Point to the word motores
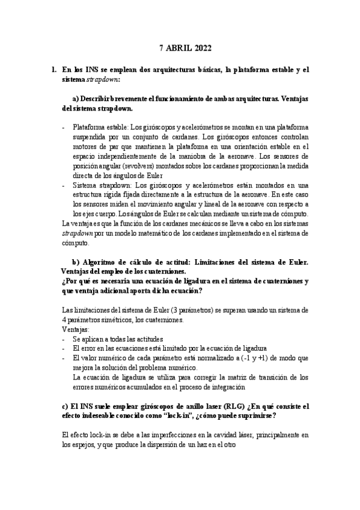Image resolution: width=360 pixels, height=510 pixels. tap(85, 146)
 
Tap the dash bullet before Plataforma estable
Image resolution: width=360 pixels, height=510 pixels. tap(64, 127)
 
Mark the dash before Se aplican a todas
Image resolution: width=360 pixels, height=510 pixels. tap(64, 339)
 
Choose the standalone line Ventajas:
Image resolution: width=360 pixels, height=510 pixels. tap(76, 330)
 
